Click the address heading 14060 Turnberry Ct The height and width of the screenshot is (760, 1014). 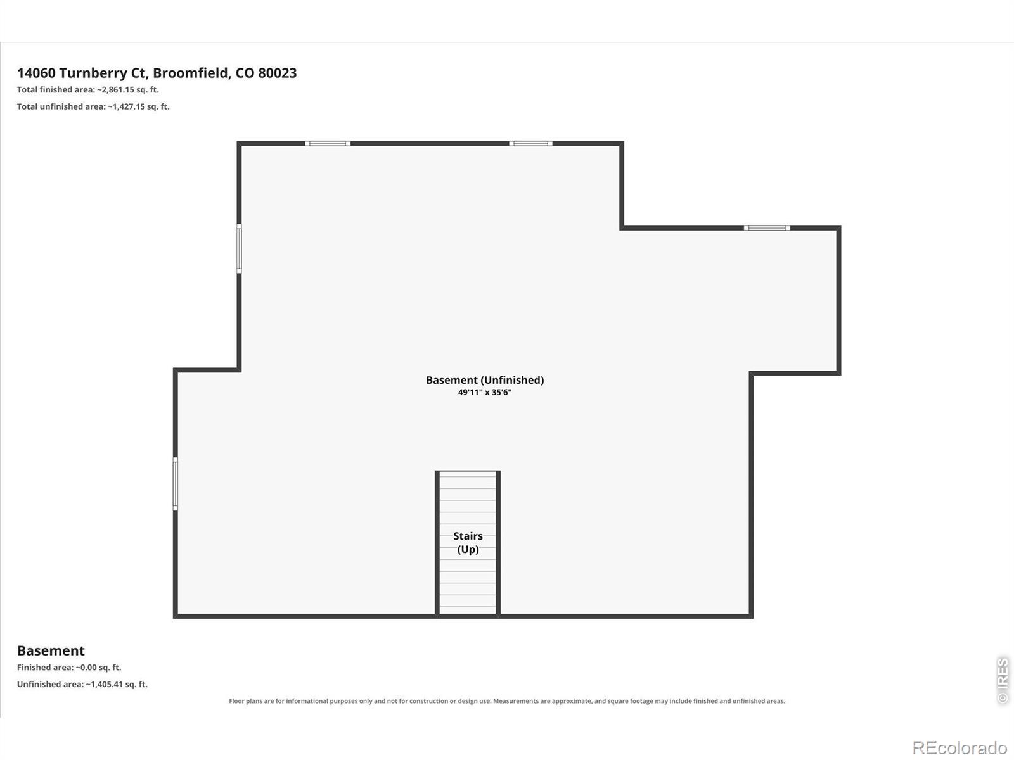click(x=82, y=73)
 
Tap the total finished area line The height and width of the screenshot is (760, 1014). click(x=87, y=89)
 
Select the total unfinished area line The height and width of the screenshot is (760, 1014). click(x=93, y=106)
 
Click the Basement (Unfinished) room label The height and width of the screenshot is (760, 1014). click(x=485, y=380)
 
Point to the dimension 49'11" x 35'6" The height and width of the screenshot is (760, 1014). click(x=485, y=392)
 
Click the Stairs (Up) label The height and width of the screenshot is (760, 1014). click(x=468, y=542)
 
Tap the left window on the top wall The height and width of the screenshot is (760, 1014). click(x=328, y=144)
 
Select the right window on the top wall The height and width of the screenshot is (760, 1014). click(x=531, y=144)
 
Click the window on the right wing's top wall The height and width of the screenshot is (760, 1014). click(x=767, y=228)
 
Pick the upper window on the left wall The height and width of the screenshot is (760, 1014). click(x=239, y=248)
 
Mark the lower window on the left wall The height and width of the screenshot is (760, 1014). click(x=176, y=484)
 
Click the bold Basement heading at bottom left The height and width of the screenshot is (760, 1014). click(x=51, y=650)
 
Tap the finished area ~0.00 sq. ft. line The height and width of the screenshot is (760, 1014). click(x=69, y=668)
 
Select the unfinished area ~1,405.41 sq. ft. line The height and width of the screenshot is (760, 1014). click(x=82, y=685)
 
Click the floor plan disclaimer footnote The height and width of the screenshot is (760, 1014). click(x=507, y=701)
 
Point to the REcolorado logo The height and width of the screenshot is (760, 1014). click(x=959, y=747)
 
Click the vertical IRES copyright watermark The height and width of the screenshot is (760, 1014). click(x=1003, y=681)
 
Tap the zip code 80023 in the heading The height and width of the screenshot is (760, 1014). click(x=277, y=73)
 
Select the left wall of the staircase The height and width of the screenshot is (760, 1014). click(x=437, y=543)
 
